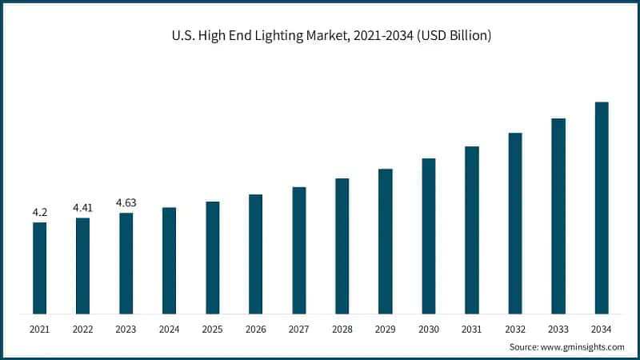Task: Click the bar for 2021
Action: tap(39, 267)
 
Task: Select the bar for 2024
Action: tap(169, 260)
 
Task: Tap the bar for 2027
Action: tap(298, 250)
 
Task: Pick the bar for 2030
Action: tap(429, 235)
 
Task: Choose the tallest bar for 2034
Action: tap(602, 207)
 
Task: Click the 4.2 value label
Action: tap(39, 212)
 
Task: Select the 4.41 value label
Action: tap(82, 208)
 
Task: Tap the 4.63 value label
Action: tap(126, 203)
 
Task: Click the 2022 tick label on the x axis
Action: tap(82, 329)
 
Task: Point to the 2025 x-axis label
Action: tap(212, 329)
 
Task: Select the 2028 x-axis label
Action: tap(342, 329)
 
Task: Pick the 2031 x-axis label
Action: tap(472, 329)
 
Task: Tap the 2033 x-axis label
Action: tap(558, 329)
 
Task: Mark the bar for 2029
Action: tap(385, 241)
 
